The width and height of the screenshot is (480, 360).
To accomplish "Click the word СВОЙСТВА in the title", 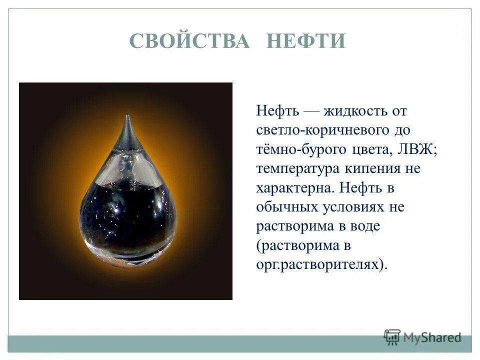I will click(189, 41).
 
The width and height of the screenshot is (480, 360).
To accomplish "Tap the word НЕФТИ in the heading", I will click(305, 41).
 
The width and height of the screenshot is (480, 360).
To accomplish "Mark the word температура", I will click(298, 169).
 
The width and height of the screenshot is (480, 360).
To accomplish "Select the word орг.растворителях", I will click(320, 264).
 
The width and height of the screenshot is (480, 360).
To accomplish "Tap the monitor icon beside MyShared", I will click(392, 337).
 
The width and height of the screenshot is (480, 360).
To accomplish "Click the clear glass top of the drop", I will click(127, 160).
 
